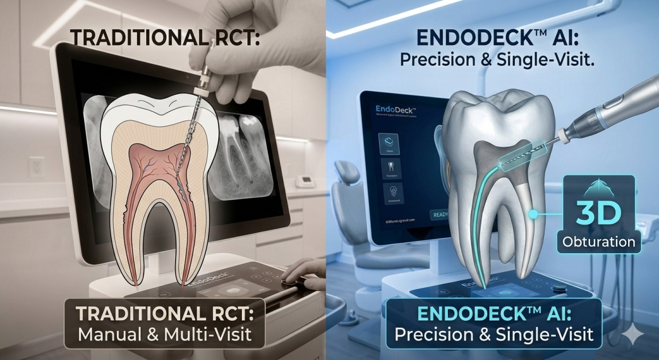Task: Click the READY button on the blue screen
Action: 439,214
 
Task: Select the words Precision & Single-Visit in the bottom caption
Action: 494,334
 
